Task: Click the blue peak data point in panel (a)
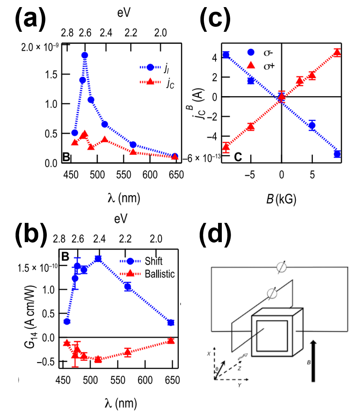[x=84, y=55]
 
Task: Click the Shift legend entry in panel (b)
[x=147, y=261]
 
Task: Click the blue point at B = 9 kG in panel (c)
[x=337, y=154]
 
